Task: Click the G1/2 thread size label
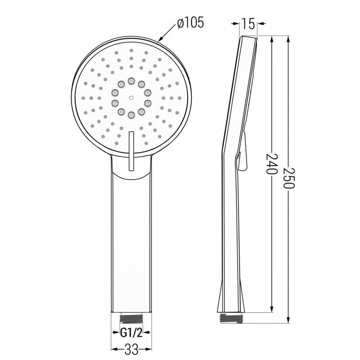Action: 130,333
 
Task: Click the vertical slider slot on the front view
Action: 131,151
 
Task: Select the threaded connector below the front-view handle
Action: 130,318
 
